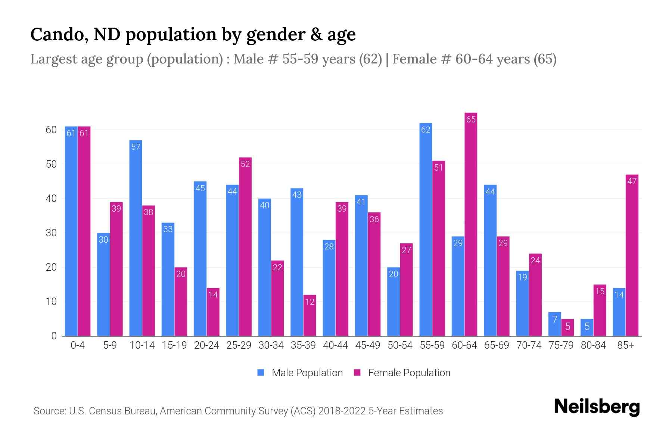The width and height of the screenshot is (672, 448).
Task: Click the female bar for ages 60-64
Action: point(471,224)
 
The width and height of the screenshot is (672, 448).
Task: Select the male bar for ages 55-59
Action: point(426,230)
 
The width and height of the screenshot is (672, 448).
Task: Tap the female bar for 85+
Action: point(632,255)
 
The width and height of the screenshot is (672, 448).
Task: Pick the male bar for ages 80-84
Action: point(587,327)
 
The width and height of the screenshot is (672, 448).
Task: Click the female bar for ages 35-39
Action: point(309,315)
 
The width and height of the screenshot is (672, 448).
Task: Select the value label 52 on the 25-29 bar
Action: point(245,164)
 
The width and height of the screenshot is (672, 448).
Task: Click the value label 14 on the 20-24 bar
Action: point(213,295)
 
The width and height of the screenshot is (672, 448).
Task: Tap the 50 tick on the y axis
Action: point(51,164)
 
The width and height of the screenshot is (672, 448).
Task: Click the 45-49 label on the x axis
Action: point(368,345)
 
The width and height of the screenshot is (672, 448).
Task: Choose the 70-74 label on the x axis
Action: point(529,345)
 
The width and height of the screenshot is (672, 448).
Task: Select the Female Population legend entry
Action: point(402,373)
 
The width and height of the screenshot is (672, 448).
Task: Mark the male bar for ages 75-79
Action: point(554,324)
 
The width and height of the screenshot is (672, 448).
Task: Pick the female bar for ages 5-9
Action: point(116,269)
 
